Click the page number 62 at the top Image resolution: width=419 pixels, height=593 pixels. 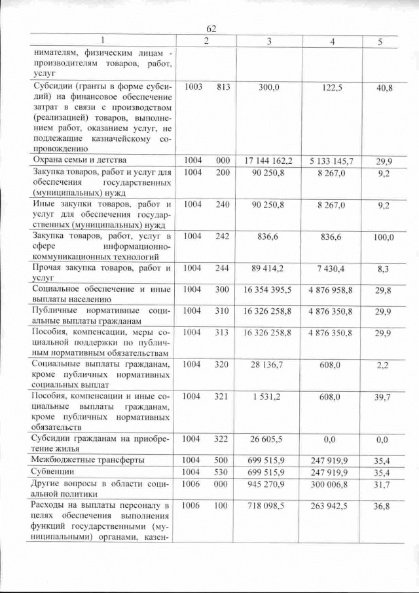(x=211, y=29)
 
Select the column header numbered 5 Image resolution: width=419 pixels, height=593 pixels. (x=380, y=42)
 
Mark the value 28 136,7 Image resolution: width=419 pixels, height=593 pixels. (x=268, y=364)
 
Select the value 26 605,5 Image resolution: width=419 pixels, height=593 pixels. (x=268, y=440)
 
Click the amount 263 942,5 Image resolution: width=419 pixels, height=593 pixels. (x=332, y=506)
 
